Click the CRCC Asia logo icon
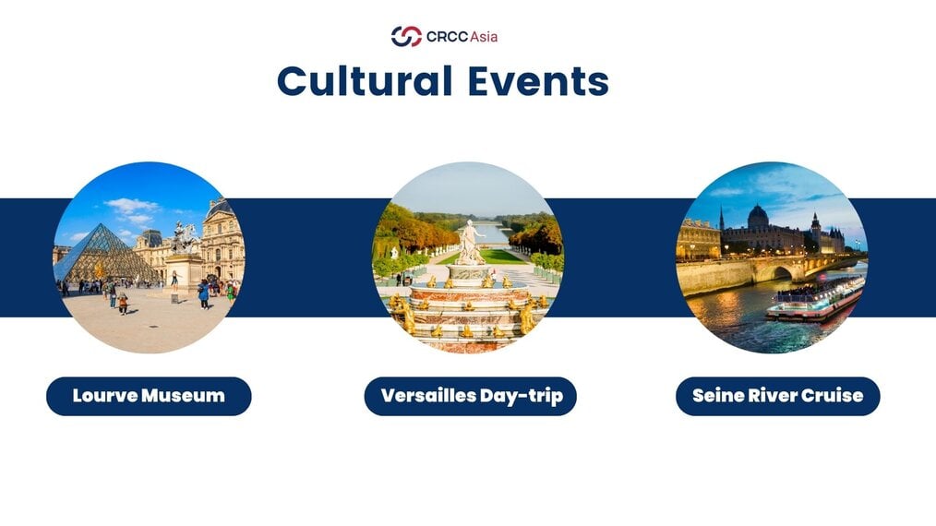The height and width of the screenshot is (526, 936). pyautogui.click(x=406, y=36)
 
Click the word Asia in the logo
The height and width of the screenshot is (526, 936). pyautogui.click(x=484, y=37)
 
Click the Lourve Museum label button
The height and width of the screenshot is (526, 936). pyautogui.click(x=149, y=396)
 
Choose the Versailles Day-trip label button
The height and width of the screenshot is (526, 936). pyautogui.click(x=471, y=396)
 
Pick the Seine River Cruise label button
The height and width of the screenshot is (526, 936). pyautogui.click(x=778, y=396)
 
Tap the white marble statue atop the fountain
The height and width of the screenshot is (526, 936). pyautogui.click(x=470, y=242)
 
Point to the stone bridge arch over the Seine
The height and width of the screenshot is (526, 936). pyautogui.click(x=782, y=273)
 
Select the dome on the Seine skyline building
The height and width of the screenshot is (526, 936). pyautogui.click(x=758, y=216)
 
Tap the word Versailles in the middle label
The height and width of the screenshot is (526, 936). pyautogui.click(x=427, y=396)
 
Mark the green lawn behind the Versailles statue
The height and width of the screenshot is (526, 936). pyautogui.click(x=499, y=257)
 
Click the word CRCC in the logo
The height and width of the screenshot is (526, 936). pyautogui.click(x=447, y=37)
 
